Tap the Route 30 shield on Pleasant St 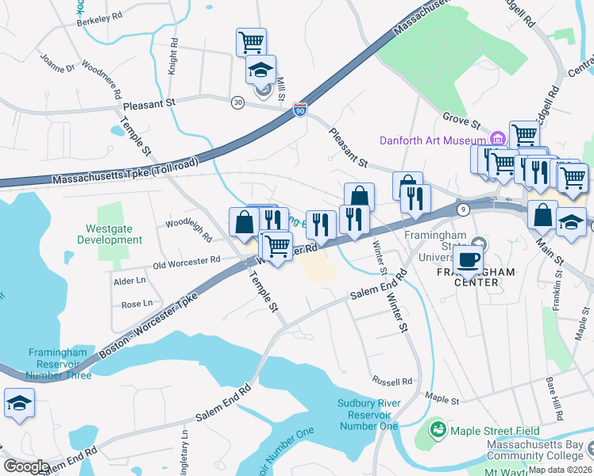click(x=237, y=102)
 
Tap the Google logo click(x=26, y=466)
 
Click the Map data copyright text click(x=560, y=470)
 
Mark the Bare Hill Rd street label click(x=554, y=398)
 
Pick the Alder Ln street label click(x=130, y=281)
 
